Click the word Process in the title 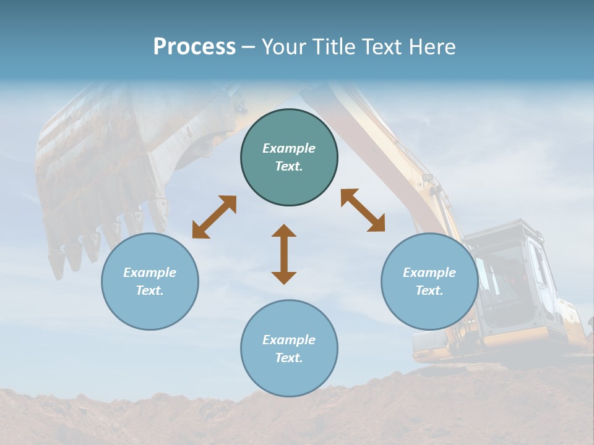(x=194, y=47)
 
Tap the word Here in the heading (x=431, y=47)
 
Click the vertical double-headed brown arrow (x=284, y=254)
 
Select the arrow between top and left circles (x=214, y=217)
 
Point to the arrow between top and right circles (x=363, y=210)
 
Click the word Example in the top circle (x=289, y=148)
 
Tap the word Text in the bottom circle (x=289, y=358)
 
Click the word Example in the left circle (x=150, y=273)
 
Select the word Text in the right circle (x=429, y=290)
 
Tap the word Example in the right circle (x=429, y=273)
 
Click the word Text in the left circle (x=150, y=290)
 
